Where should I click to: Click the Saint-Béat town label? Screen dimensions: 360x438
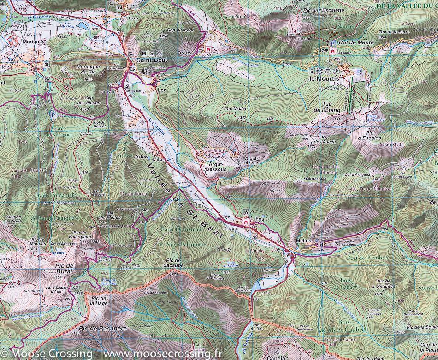click(x=147, y=60)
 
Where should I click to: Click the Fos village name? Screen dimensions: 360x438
click(x=260, y=218)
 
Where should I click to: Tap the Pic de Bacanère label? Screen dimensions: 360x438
click(x=102, y=328)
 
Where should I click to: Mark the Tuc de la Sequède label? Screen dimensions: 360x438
click(x=386, y=284)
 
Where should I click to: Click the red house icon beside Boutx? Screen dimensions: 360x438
click(x=208, y=49)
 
